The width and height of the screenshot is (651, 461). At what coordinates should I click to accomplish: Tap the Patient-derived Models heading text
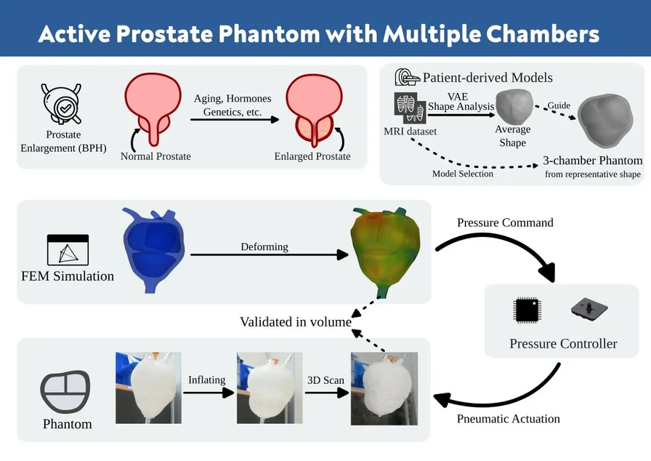488,78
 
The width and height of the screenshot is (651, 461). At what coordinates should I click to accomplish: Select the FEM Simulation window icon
68,249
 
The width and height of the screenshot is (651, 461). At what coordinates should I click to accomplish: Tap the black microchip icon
526,310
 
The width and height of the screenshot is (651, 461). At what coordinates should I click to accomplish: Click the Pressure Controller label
563,343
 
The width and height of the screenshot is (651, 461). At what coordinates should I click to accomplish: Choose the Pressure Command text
505,223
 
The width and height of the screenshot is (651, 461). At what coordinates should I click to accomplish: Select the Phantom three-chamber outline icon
65,391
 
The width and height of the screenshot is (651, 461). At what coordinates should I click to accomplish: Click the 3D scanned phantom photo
384,388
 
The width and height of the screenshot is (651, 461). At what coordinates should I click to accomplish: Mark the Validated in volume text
296,321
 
